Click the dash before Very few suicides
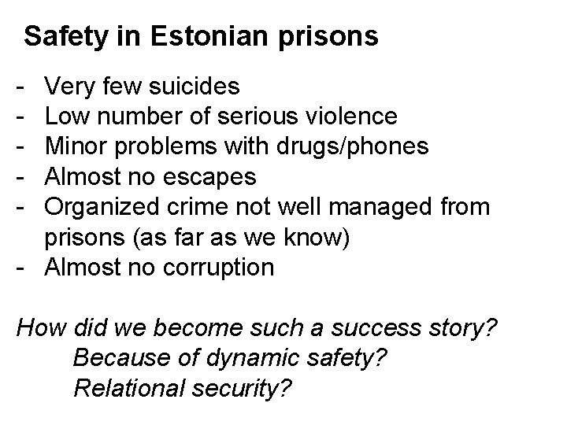pyautogui.click(x=20, y=87)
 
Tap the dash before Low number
pyautogui.click(x=20, y=117)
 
